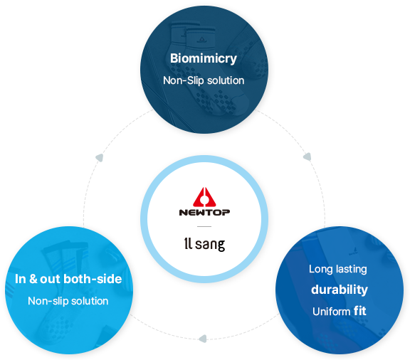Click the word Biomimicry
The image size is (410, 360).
tap(204, 58)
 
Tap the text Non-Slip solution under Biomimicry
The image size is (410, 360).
tap(204, 80)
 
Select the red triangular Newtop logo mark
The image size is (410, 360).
tap(204, 196)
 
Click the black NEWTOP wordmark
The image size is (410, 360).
tap(204, 212)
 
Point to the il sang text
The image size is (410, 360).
tap(204, 244)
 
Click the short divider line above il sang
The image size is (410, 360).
tap(204, 226)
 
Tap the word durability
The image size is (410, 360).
tap(340, 290)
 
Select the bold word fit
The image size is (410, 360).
tap(359, 311)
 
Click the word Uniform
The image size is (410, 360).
tap(331, 312)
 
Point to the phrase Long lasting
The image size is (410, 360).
tap(338, 269)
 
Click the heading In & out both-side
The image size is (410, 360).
tap(68, 279)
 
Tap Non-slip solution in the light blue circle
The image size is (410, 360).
tap(68, 301)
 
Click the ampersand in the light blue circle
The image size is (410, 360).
tap(33, 279)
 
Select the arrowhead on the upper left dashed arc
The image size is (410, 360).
tap(100, 158)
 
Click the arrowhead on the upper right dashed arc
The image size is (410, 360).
tap(307, 157)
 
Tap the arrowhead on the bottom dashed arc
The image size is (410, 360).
tap(203, 339)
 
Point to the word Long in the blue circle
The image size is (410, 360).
tap(321, 270)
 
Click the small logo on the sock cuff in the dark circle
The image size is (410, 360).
tap(201, 40)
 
